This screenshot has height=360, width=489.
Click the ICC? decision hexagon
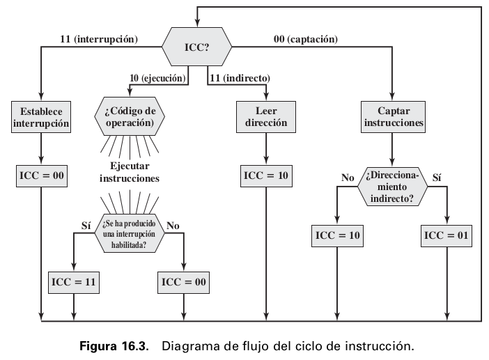tap(197, 46)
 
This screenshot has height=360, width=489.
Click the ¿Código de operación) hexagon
tap(130, 116)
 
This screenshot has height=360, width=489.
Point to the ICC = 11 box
tap(73, 282)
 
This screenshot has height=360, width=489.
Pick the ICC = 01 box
tap(447, 235)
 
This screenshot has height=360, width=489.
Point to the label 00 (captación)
tap(306, 40)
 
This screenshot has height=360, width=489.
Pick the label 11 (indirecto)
tap(240, 78)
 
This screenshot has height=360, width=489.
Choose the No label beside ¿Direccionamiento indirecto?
tap(348, 178)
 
